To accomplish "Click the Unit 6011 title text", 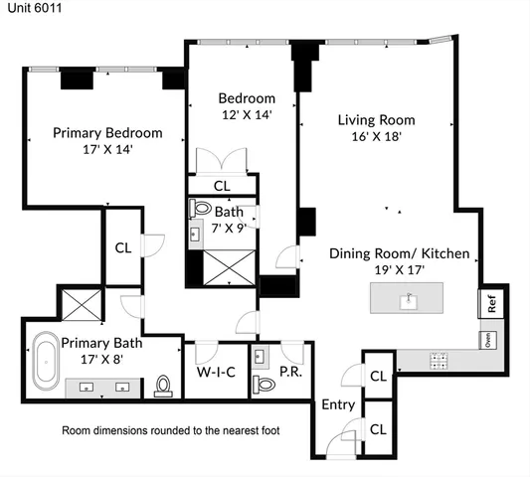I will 29,8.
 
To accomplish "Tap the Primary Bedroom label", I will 106,132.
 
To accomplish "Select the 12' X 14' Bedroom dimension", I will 246,115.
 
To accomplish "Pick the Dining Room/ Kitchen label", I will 399,253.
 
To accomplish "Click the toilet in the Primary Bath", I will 163,386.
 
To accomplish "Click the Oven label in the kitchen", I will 487,339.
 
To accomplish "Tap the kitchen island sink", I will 408,298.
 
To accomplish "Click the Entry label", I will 337,405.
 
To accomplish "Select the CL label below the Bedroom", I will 222,185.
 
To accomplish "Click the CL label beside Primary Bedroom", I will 123,248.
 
